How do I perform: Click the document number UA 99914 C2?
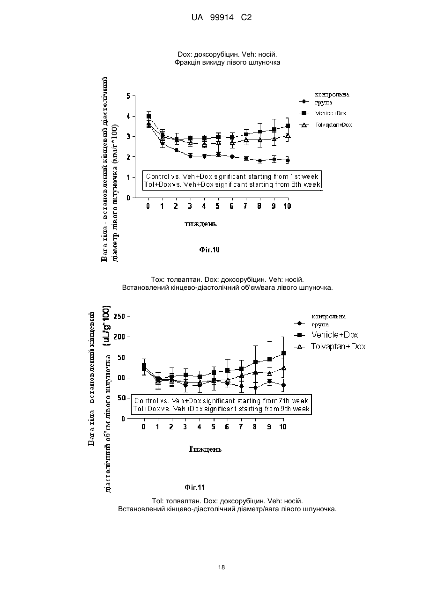pos(222,18)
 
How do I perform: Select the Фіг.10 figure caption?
pos(209,250)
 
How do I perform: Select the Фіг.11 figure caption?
pos(195,487)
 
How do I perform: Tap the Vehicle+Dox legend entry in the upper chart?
pos(331,113)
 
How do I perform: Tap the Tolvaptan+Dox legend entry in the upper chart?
pos(333,125)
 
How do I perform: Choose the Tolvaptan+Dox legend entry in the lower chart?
pos(338,346)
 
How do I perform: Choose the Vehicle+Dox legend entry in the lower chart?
pos(335,335)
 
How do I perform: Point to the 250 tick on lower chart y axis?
pos(119,316)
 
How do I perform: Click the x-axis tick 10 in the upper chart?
pos(287,206)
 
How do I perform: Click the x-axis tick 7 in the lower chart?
pos(241,427)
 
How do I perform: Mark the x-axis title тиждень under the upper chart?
pos(201,224)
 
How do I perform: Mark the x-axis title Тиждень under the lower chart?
pos(205,449)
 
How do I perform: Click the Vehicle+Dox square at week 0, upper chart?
pos(148,116)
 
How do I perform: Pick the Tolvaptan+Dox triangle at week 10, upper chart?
pos(288,136)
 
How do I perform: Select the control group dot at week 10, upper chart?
pos(288,160)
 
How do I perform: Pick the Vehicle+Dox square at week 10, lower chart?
pos(283,353)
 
